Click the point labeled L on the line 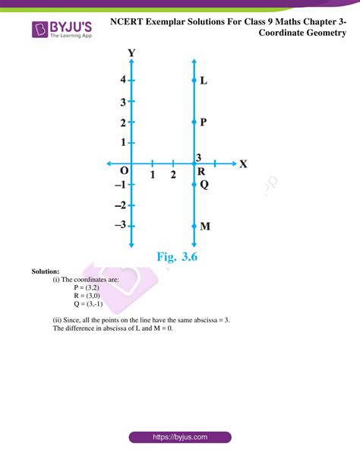194,80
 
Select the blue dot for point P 194,122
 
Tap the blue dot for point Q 194,184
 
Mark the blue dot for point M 194,226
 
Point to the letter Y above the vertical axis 132,53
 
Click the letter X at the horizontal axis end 244,163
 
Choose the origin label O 124,173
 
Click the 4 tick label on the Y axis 122,80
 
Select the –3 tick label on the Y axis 120,225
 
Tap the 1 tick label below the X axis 153,176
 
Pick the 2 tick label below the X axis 174,176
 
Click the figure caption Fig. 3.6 177,257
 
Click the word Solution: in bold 46,271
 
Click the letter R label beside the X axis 201,172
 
